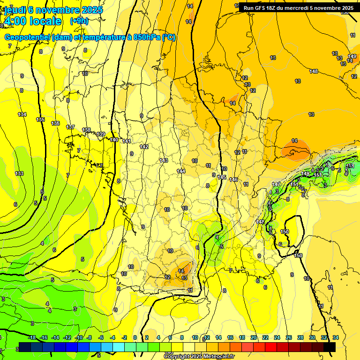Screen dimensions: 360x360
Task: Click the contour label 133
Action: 19,173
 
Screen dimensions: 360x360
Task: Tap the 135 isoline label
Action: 41,120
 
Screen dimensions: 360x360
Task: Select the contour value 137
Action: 71,127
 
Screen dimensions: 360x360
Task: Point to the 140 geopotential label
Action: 114,139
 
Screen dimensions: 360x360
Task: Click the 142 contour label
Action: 144,147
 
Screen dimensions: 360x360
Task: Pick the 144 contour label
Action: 181,171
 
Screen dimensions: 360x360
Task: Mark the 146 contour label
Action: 233,180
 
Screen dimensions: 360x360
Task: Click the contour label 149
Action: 352,56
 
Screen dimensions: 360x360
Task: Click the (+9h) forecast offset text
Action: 79,21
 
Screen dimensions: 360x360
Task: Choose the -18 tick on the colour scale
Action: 32,337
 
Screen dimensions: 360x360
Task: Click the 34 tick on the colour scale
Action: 336,337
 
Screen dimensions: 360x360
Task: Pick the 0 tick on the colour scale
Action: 135,337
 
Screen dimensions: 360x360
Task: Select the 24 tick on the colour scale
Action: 277,337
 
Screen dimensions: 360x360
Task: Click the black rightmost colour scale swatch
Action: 330,347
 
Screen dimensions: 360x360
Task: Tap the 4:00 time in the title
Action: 15,21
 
